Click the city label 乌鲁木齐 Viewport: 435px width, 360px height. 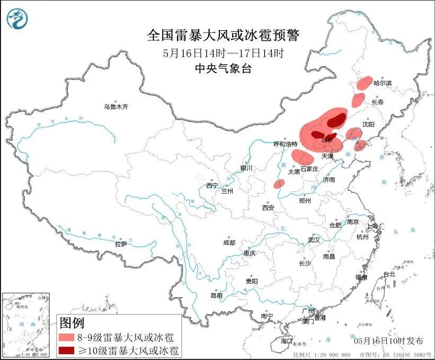[116, 107]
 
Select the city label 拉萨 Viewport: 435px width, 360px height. [121, 244]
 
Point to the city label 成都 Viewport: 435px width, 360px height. [229, 242]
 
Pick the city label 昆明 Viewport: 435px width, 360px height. [217, 295]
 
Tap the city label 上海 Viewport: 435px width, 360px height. [373, 226]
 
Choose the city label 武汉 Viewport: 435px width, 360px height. [314, 240]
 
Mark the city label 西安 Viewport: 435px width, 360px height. [268, 208]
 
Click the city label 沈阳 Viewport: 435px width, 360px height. [368, 124]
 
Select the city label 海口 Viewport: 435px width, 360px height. [287, 340]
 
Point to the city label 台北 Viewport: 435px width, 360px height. [389, 274]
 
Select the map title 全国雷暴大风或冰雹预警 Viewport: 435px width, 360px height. [223, 36]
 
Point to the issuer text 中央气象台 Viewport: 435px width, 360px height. [223, 67]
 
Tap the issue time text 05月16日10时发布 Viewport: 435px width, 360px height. [386, 337]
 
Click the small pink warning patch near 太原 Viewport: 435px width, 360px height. [279, 183]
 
